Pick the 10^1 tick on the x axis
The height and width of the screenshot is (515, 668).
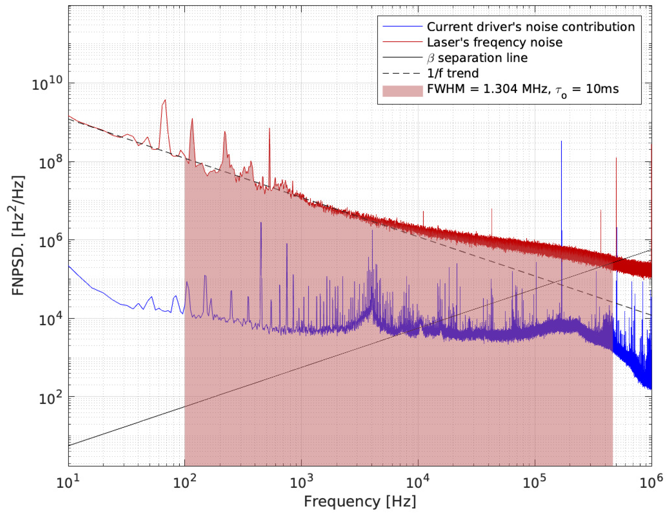tap(68, 482)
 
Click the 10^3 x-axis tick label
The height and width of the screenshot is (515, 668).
tap(301, 482)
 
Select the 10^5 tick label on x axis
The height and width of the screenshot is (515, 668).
tap(535, 482)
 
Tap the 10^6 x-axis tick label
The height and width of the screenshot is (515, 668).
tap(651, 482)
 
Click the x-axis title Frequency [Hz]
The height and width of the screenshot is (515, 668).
tap(360, 502)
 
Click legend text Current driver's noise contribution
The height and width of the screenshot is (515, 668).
tap(531, 27)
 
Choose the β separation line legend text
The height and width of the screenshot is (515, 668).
tap(477, 58)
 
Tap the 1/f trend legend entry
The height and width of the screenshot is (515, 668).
tap(453, 73)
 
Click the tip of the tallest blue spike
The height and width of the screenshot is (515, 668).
tap(562, 142)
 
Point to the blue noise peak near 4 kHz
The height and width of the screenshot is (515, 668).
tap(372, 231)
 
